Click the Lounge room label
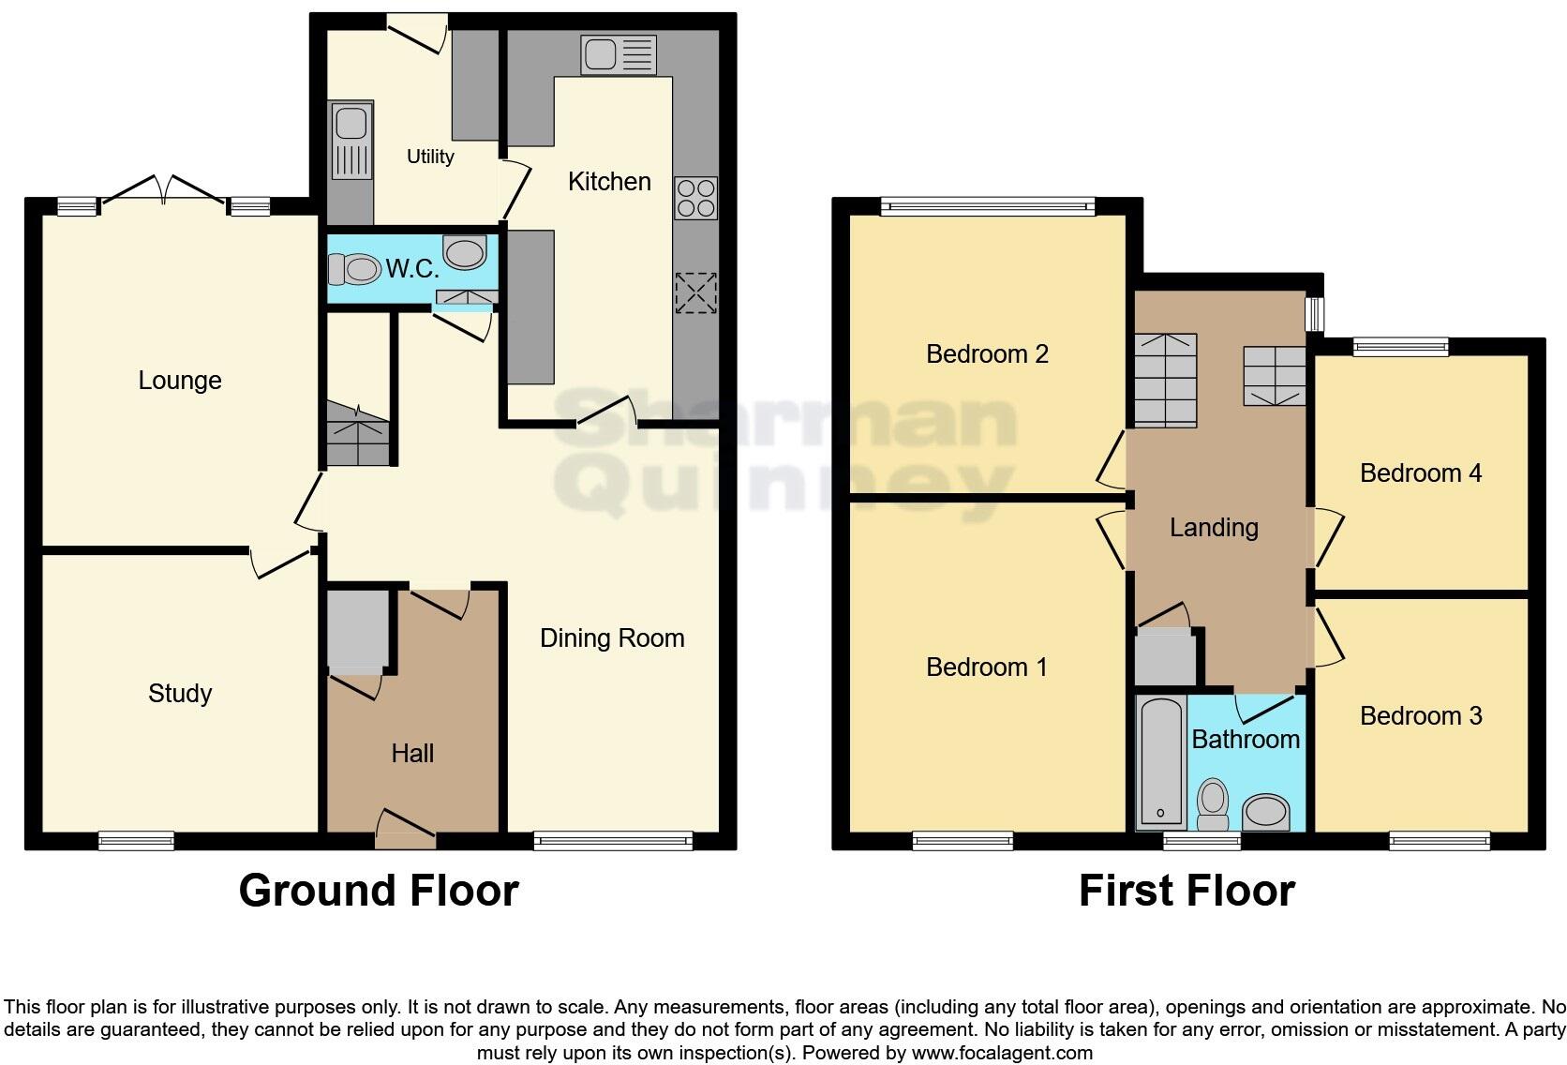[180, 381]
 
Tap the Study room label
[180, 694]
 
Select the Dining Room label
[612, 638]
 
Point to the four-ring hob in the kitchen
[695, 198]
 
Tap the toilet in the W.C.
[353, 270]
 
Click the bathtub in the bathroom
[1161, 761]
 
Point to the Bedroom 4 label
[1421, 473]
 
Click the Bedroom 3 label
[1421, 716]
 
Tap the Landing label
[1214, 528]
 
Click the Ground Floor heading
[379, 891]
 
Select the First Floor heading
[1186, 891]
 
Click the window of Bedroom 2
[987, 205]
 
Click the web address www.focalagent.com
[1002, 1053]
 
